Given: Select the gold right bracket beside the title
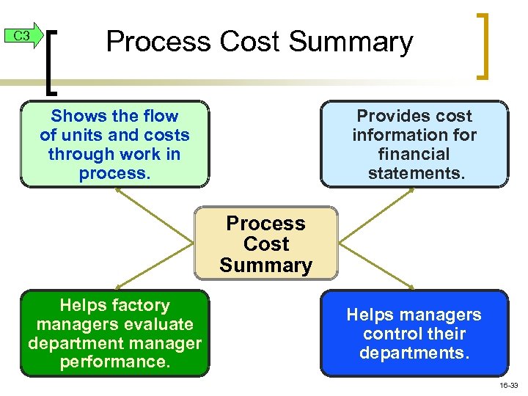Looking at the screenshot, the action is pos(483,45).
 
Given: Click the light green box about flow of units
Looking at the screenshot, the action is pos(114,144).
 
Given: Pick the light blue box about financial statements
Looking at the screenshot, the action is pos(414,144).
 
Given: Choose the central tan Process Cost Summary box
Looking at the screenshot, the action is pos(265,244).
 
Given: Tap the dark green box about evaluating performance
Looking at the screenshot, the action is pos(114,334).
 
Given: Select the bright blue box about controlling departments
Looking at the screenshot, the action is pos(414,334).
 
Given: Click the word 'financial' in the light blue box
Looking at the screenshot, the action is pos(414,154).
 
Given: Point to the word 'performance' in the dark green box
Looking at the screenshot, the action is pos(114,362).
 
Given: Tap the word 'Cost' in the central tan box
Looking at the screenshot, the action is pos(265,244).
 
